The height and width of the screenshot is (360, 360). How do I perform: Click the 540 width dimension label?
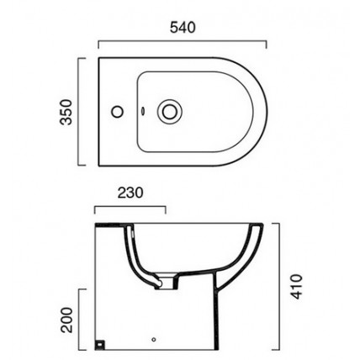183,28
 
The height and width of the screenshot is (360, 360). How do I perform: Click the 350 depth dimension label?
66,112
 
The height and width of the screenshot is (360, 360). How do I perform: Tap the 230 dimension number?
130,193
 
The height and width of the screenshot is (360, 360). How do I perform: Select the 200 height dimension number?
66,320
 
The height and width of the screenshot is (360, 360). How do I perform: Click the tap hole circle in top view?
117,112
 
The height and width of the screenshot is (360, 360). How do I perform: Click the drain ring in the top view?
169,112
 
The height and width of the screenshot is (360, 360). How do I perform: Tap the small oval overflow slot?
143,111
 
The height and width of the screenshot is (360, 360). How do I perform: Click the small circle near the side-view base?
154,340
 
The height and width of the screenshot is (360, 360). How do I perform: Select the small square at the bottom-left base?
100,344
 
